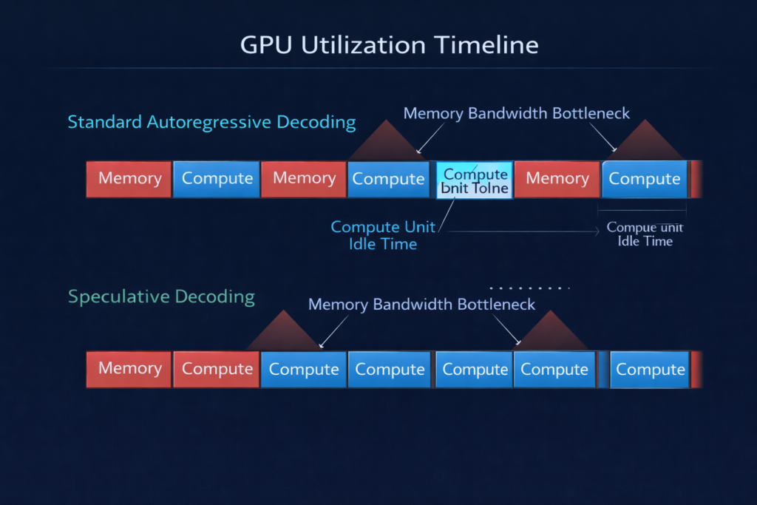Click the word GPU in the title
click(x=264, y=45)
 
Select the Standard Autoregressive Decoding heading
click(x=211, y=122)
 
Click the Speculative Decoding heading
click(x=161, y=297)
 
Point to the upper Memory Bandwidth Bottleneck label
click(x=517, y=113)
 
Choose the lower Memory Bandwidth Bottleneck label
click(x=421, y=304)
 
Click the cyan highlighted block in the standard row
click(x=475, y=180)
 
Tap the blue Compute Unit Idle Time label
click(x=383, y=235)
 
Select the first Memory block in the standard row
click(x=129, y=179)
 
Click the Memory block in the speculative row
click(x=129, y=369)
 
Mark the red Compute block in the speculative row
click(x=217, y=369)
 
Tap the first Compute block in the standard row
click(x=217, y=179)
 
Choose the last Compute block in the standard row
click(x=644, y=179)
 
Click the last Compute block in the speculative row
click(x=651, y=369)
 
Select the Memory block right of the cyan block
click(x=557, y=179)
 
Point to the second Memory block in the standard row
click(x=303, y=179)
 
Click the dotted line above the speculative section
click(x=530, y=288)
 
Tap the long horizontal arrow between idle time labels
click(x=521, y=231)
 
